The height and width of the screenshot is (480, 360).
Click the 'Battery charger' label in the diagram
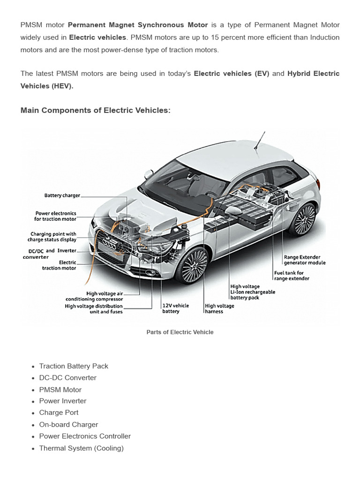tap(62, 195)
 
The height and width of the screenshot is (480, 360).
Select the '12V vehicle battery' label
tap(175, 308)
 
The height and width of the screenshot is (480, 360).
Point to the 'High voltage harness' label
tap(219, 308)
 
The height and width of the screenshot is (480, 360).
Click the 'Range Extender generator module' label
tap(305, 260)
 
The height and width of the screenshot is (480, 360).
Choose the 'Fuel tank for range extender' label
tap(292, 275)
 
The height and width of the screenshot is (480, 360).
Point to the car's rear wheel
tap(302, 219)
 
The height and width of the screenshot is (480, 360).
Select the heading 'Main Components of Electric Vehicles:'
tap(96, 110)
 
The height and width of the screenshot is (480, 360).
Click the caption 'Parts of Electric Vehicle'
tap(180, 332)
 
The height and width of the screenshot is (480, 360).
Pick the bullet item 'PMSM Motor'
tap(60, 390)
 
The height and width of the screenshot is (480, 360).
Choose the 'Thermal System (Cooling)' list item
tap(82, 448)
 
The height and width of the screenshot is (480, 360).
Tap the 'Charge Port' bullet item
tap(59, 412)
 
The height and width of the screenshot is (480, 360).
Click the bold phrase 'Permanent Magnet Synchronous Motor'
tap(138, 25)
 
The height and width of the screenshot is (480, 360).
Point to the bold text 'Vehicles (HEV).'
tap(47, 86)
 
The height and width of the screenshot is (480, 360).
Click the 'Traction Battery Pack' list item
tap(74, 366)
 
